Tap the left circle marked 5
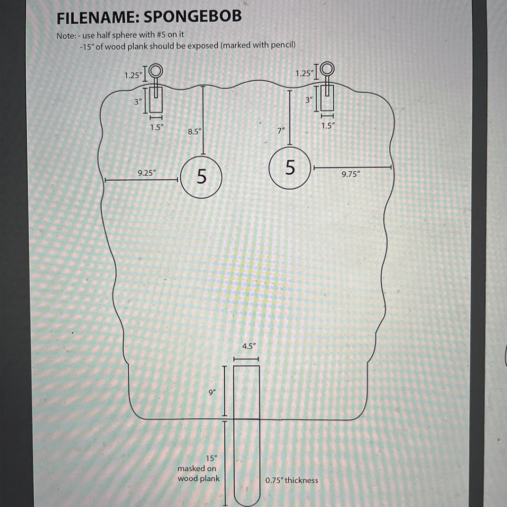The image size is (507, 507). [201, 177]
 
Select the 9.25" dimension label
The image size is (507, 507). [147, 173]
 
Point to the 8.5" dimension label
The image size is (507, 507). [195, 132]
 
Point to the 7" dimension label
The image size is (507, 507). [281, 131]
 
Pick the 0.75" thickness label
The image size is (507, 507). [292, 480]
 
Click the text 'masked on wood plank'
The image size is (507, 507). [198, 473]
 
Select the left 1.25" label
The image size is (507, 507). [133, 75]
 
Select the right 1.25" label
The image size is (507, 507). [304, 73]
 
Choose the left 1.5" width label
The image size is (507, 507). [156, 127]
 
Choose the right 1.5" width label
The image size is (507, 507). [328, 126]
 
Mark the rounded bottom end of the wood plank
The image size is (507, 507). [246, 500]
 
